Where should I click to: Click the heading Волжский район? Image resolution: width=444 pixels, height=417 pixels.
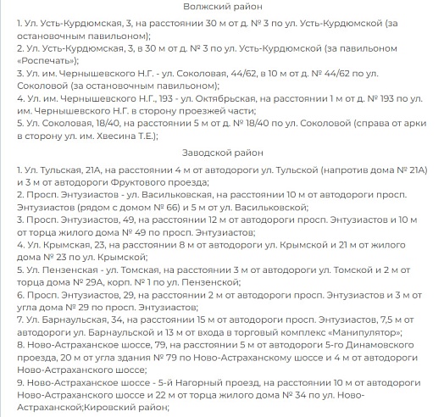222,8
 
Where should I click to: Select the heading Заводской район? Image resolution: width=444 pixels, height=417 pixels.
222,153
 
